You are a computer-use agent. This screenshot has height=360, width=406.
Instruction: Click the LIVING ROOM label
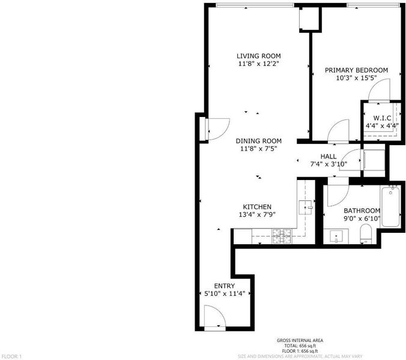(x=259, y=56)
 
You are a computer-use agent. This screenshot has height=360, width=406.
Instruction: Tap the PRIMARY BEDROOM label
(x=356, y=70)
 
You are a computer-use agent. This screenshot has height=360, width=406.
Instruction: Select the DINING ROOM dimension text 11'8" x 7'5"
(x=259, y=149)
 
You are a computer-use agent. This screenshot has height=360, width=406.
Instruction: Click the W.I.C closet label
(x=382, y=118)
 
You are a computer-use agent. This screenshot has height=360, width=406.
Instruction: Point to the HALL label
(x=329, y=156)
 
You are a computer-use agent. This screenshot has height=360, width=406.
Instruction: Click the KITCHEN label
(x=257, y=207)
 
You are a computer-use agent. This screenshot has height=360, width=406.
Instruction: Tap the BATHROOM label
(x=362, y=211)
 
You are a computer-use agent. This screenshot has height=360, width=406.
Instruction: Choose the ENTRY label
(x=225, y=286)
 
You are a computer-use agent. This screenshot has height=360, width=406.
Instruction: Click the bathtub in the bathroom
(x=390, y=206)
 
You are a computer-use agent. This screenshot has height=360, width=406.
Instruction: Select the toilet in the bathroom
(x=366, y=234)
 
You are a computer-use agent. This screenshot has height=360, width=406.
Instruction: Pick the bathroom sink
(x=336, y=236)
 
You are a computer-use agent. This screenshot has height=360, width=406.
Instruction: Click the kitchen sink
(x=306, y=208)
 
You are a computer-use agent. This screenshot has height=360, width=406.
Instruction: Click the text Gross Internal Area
(x=300, y=340)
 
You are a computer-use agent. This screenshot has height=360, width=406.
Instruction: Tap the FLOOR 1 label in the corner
(x=11, y=356)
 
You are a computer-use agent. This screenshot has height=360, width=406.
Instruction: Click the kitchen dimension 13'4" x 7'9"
(x=257, y=214)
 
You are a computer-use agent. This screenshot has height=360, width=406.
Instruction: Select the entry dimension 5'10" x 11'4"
(x=225, y=293)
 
